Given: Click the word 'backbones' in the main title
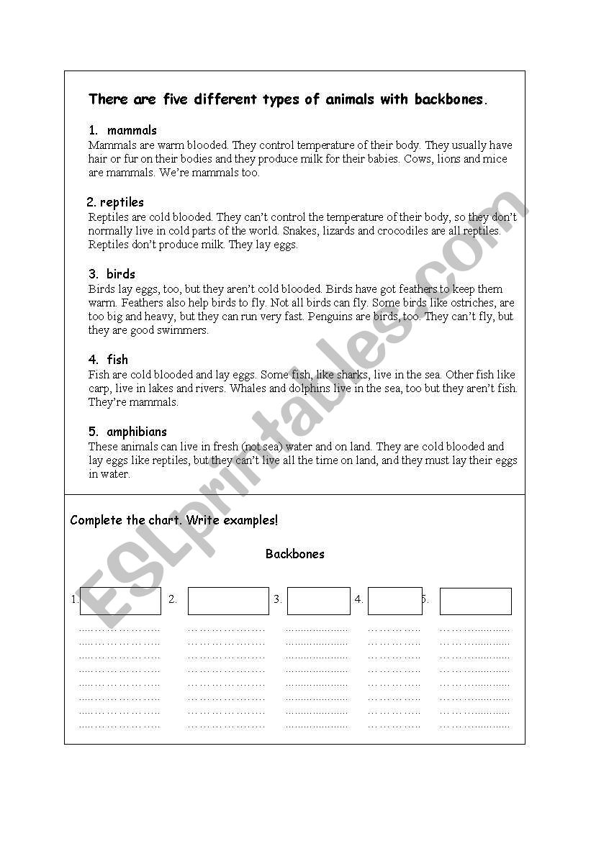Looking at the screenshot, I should (449, 99).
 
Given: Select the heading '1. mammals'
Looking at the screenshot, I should (122, 130).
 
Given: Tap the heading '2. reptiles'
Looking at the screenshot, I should (115, 202).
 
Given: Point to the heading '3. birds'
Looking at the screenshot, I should (112, 274).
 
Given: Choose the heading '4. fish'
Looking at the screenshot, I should (108, 360).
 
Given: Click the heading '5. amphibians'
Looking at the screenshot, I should (127, 432).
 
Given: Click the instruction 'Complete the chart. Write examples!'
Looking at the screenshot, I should (174, 520).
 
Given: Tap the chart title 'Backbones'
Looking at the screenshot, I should (295, 554).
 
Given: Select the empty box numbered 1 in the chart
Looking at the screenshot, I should (120, 601).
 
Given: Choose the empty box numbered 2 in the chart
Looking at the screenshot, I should (228, 601).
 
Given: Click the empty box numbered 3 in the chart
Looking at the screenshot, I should (319, 601).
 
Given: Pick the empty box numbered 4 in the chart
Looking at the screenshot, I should (394, 601).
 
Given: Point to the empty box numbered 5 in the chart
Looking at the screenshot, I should (475, 601).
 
